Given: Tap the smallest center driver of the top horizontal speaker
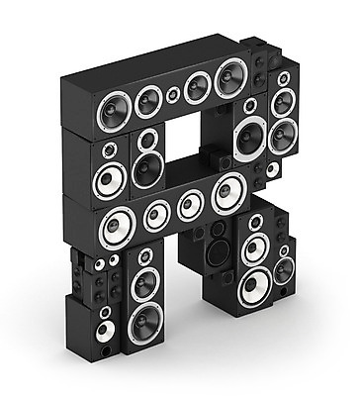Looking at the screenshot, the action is tap(173, 95).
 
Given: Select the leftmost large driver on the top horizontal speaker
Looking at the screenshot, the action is tap(114, 112).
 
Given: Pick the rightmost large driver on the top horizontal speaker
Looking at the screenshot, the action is tap(231, 78).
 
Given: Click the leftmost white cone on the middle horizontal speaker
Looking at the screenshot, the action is tap(117, 228).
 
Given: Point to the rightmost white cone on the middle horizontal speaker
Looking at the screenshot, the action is tap(228, 193).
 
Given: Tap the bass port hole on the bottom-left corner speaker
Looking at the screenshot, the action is tap(106, 350).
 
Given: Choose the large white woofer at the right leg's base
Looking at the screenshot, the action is tap(255, 286).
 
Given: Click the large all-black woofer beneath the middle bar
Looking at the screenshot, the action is tap(219, 252).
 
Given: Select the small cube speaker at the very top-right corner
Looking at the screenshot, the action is tap(253, 43).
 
